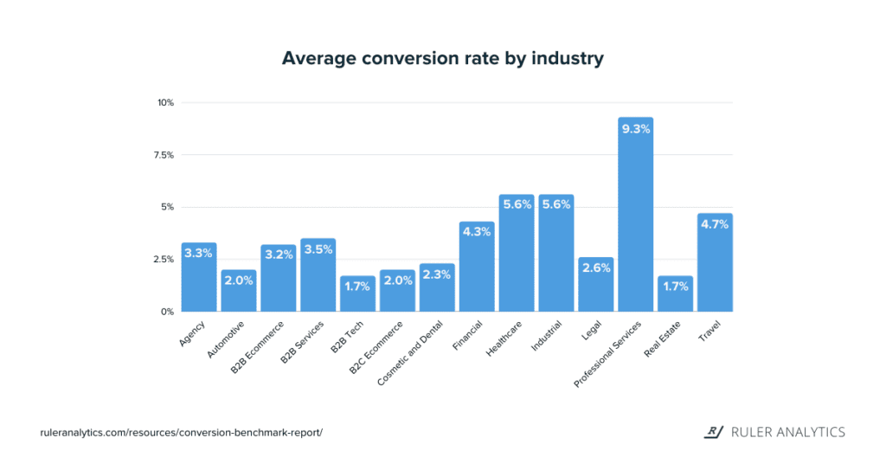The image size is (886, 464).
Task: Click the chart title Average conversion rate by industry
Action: click(442, 59)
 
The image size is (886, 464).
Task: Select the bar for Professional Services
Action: click(635, 225)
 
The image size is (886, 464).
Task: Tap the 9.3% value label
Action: click(635, 128)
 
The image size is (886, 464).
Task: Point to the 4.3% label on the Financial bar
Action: click(477, 232)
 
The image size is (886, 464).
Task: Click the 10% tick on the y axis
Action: click(165, 103)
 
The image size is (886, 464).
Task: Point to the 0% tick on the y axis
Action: click(167, 312)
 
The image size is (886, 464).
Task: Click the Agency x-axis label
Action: click(191, 334)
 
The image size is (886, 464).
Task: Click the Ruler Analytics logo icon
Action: click(715, 431)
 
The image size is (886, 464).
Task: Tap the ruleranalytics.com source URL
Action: click(181, 432)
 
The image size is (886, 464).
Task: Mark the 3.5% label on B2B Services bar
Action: click(318, 249)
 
